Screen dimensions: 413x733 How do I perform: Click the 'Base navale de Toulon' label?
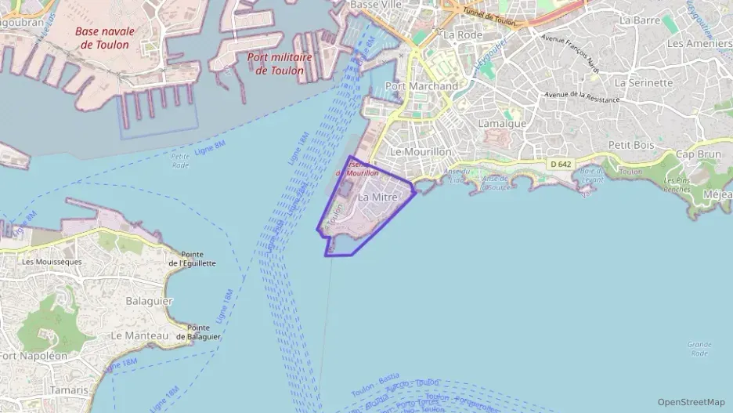coord(105,38)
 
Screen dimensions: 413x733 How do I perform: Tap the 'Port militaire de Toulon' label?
coord(280,63)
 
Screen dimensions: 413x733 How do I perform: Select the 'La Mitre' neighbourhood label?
coord(378,198)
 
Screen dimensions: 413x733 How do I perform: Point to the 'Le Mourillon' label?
coord(421,151)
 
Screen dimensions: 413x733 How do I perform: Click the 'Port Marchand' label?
coord(422,86)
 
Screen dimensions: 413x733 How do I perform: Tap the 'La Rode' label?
coord(461,35)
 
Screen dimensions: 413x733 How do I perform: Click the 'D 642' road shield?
coord(561,164)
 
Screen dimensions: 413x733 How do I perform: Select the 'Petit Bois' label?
coord(631,145)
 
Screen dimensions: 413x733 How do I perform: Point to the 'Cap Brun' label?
coord(698,154)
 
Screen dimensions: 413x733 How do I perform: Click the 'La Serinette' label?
coord(644,82)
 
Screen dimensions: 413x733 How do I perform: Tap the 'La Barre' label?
coord(640,20)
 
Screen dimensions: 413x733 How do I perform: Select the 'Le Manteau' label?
coord(140,335)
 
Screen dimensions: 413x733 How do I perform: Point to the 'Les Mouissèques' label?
coord(52,262)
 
